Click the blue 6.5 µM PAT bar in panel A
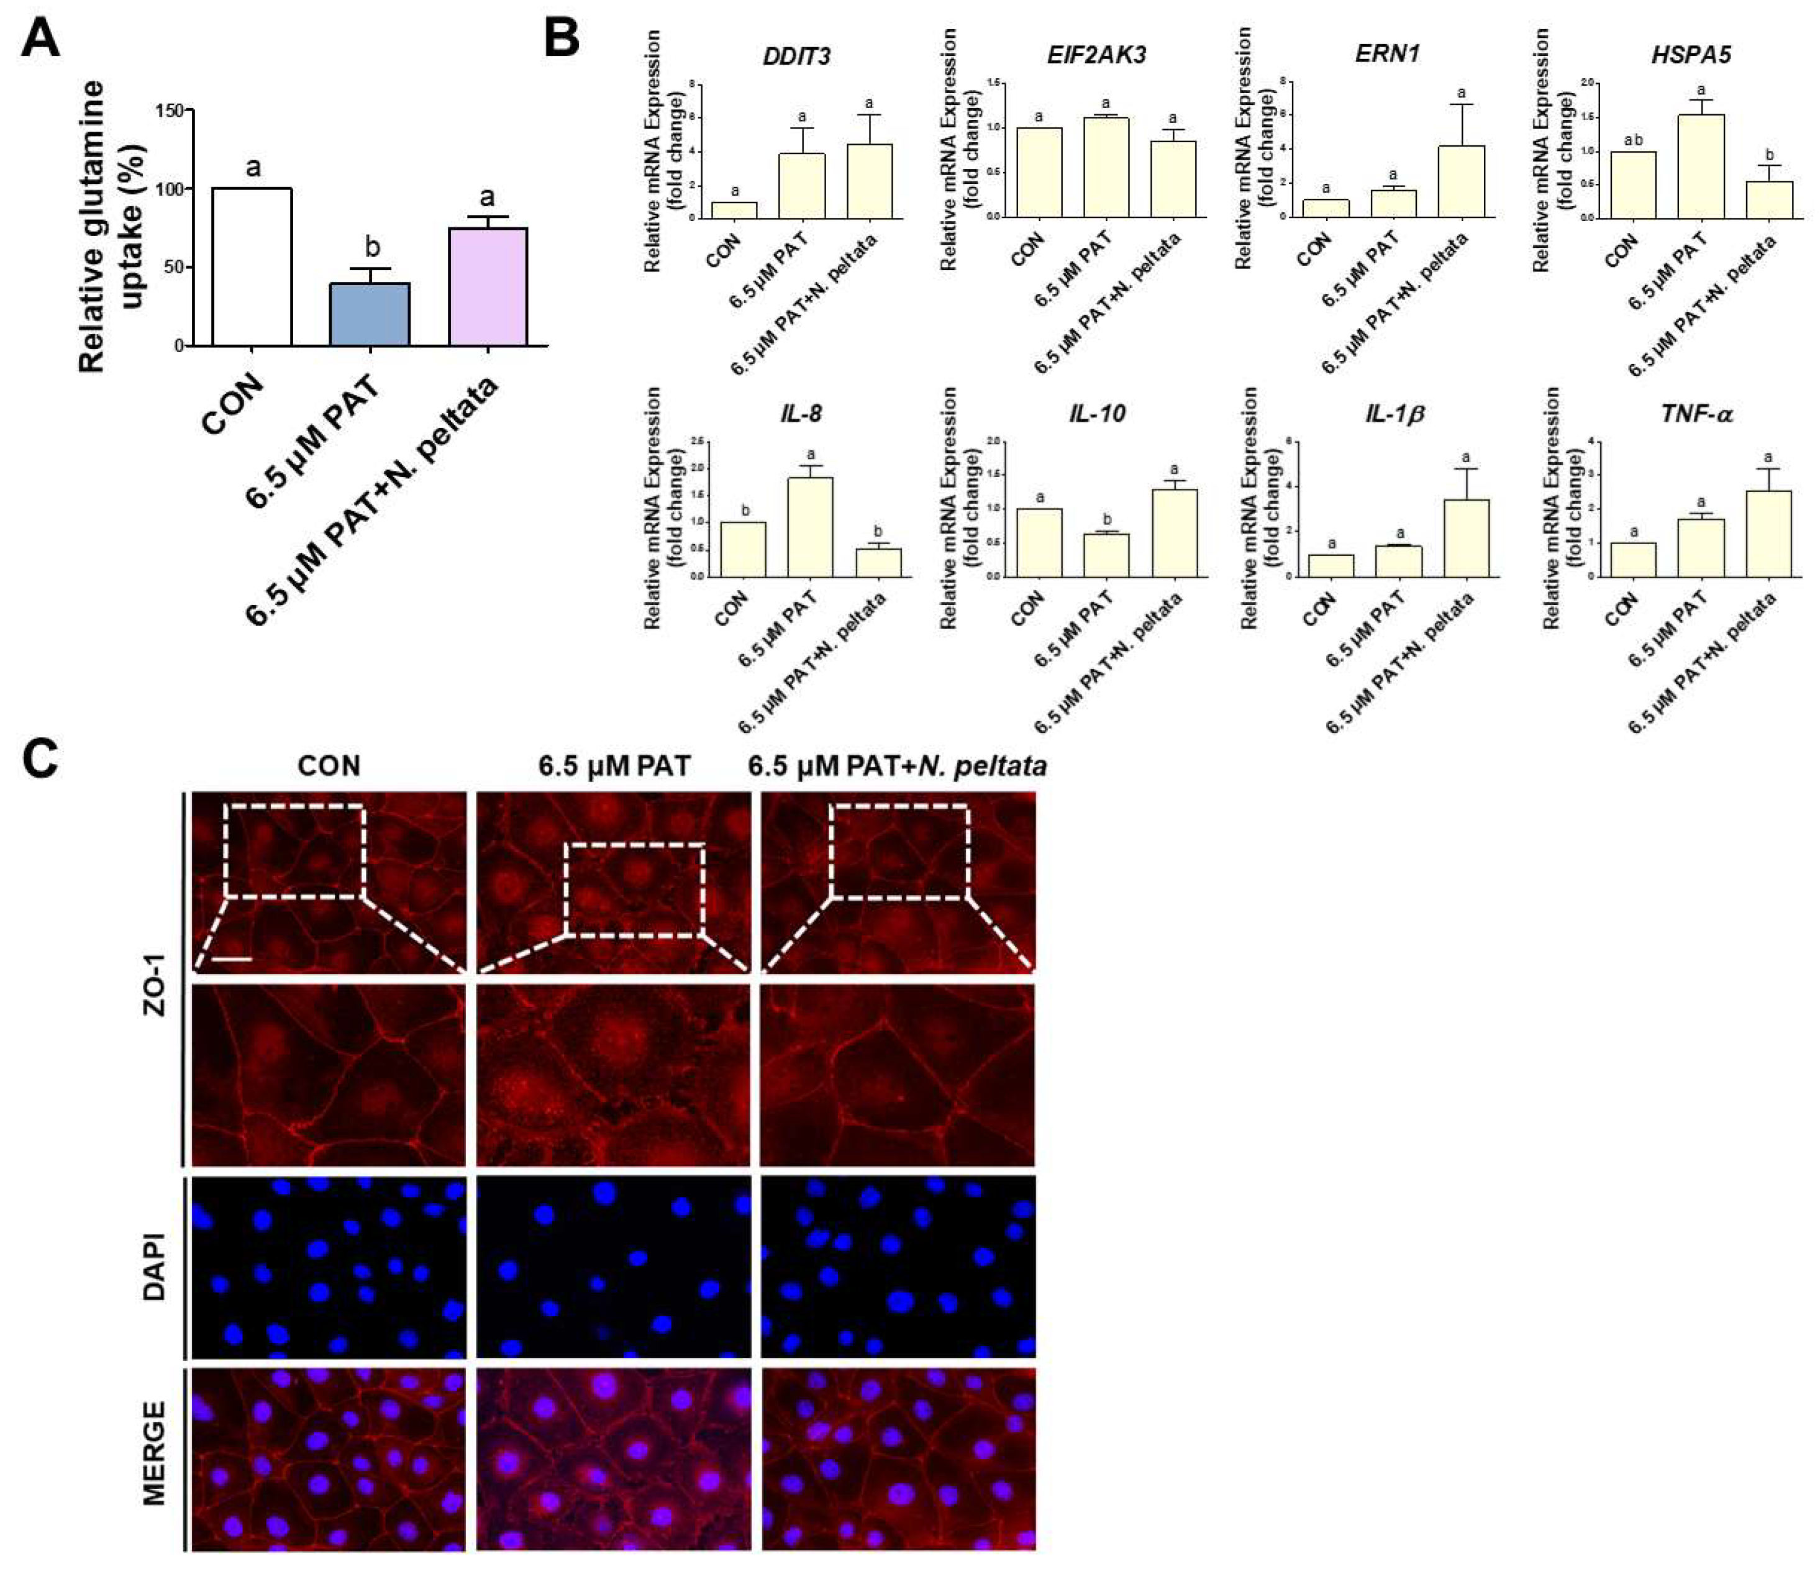[370, 314]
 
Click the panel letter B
[562, 40]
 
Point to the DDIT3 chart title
[797, 57]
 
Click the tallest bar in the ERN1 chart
[1462, 181]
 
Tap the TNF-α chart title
[1696, 414]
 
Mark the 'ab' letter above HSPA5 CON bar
[1633, 139]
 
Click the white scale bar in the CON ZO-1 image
[232, 958]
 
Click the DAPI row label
[155, 1266]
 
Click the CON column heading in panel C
[329, 766]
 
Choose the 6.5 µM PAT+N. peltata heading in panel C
[897, 766]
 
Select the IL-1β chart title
[1395, 414]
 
